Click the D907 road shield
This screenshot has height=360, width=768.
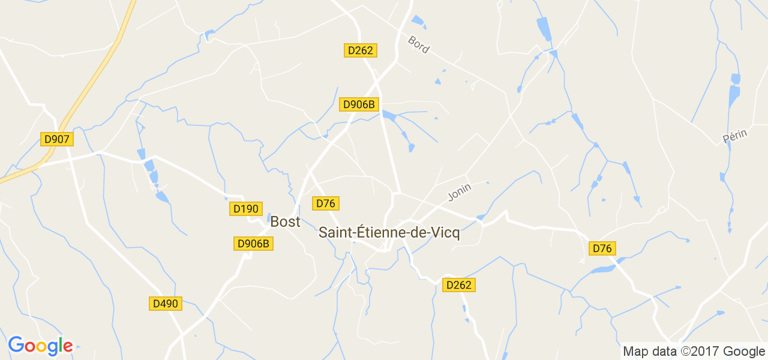tap(57, 139)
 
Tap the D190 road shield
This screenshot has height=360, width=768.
tap(245, 209)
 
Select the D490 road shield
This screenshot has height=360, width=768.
tap(165, 304)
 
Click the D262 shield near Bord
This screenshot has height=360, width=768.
tap(360, 50)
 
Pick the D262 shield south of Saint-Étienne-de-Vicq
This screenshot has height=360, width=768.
tap(458, 285)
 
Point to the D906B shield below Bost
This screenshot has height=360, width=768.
tap(253, 243)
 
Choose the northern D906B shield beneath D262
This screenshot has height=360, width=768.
tap(359, 104)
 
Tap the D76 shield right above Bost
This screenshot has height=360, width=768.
tap(325, 203)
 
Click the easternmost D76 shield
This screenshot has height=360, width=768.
tap(602, 248)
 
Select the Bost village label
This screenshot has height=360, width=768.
tap(285, 221)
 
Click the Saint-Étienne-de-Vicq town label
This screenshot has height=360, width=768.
tap(389, 233)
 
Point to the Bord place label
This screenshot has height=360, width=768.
tap(418, 45)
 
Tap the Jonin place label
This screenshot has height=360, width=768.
tap(460, 192)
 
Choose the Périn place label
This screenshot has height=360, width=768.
tap(735, 136)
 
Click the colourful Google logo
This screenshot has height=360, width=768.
tap(40, 346)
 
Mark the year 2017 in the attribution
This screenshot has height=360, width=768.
tap(700, 352)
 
